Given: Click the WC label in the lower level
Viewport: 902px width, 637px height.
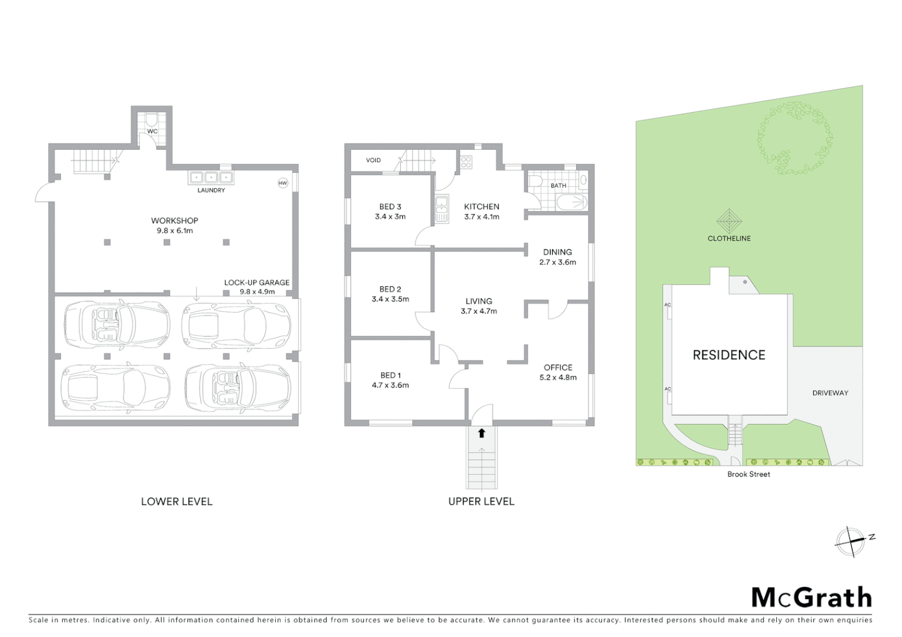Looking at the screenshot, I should (152, 132).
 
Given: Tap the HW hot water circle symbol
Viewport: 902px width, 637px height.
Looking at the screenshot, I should (283, 183).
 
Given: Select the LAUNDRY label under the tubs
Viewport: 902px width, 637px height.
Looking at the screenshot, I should (211, 191).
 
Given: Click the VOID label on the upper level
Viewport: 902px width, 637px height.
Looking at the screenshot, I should (373, 160).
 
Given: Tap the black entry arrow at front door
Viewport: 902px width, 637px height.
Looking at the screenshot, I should (482, 434).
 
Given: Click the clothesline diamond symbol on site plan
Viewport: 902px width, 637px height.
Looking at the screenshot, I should (729, 221).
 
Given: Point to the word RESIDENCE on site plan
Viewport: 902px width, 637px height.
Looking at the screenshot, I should (728, 355).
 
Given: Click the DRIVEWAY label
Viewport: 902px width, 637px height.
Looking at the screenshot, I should (830, 393).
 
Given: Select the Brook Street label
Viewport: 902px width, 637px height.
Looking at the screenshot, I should (749, 474).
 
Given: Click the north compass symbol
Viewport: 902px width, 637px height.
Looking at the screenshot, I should (851, 541).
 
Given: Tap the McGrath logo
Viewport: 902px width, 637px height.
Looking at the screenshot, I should (812, 597).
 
